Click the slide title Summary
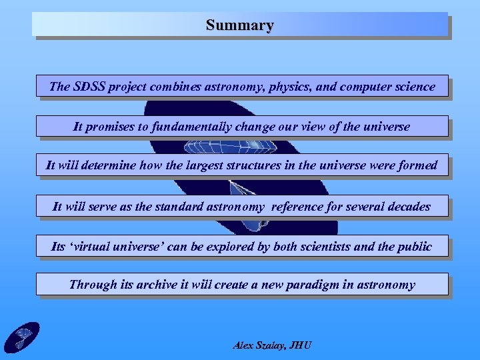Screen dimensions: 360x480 pyautogui.click(x=240, y=25)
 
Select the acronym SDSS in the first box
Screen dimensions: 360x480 pyautogui.click(x=90, y=86)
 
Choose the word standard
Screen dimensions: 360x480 pyautogui.click(x=177, y=207)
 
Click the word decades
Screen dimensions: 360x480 pyautogui.click(x=408, y=207)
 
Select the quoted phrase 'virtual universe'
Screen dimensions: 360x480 pyautogui.click(x=117, y=247)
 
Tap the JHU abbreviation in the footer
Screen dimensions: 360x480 pyautogui.click(x=301, y=345)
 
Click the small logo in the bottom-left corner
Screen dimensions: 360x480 pyautogui.click(x=22, y=337)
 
